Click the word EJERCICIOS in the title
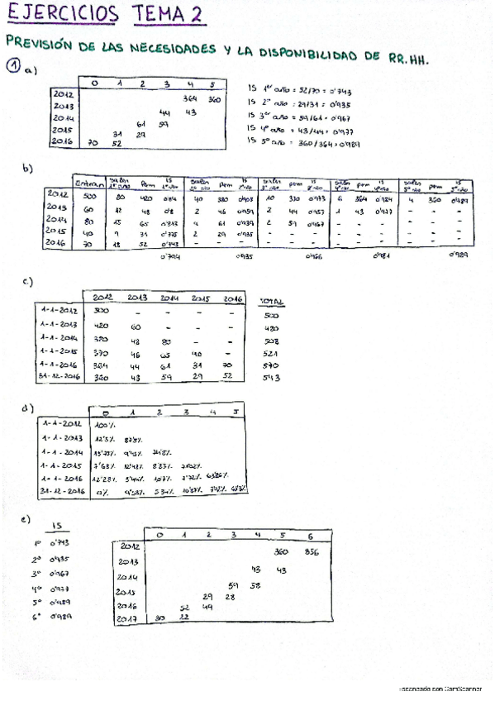coord(61,13)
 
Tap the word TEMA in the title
coord(150,13)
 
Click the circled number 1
coord(13,68)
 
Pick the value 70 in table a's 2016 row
coord(93,143)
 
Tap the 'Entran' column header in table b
coord(88,184)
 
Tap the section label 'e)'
coord(26,519)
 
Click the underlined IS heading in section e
coord(56,526)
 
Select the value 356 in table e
coord(311,551)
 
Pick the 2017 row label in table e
coord(126,618)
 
